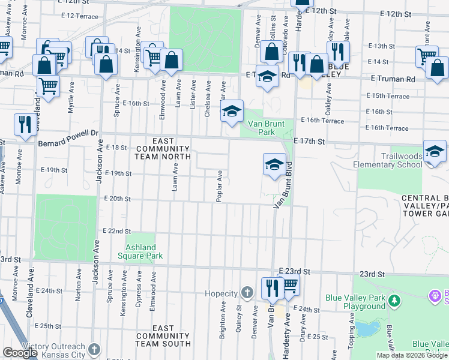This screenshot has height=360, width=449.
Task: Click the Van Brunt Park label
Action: [266, 128]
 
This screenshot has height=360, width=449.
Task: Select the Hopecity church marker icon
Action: [246, 293]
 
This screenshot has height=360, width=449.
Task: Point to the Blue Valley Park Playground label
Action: [355, 302]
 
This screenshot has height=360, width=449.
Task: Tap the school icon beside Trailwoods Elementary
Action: [435, 151]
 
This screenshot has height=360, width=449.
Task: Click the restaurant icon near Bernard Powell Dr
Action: [25, 124]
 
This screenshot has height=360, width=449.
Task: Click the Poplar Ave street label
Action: [220, 185]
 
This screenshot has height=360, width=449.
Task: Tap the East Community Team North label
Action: [163, 152]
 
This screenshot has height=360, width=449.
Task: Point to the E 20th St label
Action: [117, 199]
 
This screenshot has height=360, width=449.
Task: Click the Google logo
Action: [20, 353]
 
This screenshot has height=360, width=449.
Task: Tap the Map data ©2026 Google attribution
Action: [412, 355]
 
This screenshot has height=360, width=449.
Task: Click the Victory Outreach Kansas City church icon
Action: [94, 349]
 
